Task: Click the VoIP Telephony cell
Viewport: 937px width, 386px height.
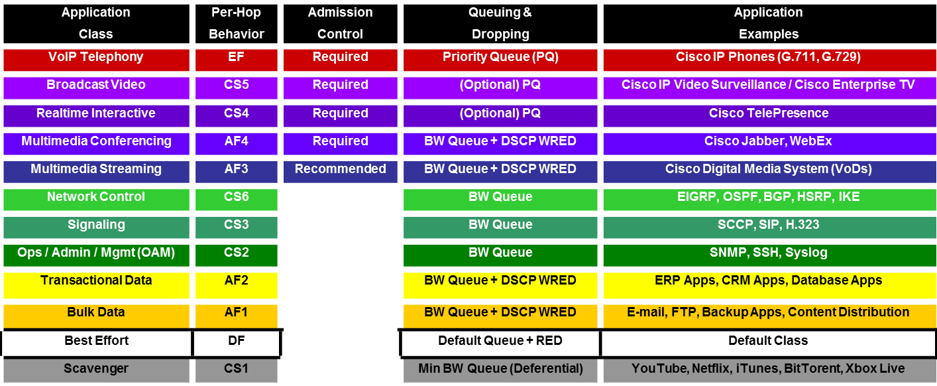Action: click(x=95, y=58)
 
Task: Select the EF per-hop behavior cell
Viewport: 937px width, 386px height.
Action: click(x=236, y=58)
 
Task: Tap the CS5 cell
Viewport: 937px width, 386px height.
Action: click(x=236, y=86)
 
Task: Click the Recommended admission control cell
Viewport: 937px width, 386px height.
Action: click(x=340, y=170)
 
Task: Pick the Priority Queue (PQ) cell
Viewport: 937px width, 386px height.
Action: click(x=500, y=58)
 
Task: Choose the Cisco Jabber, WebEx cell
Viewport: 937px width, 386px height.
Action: click(x=768, y=142)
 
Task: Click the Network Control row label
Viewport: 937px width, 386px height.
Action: click(x=95, y=198)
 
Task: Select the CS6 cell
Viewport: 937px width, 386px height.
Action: click(x=236, y=198)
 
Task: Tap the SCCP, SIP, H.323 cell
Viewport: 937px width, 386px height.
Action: click(x=768, y=225)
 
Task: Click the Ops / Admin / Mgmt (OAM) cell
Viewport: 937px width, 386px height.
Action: click(x=95, y=253)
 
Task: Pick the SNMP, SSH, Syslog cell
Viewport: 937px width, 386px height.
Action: click(x=768, y=253)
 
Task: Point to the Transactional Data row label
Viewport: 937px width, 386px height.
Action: click(x=95, y=281)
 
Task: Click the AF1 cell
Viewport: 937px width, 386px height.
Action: click(x=236, y=313)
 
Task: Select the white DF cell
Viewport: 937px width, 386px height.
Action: click(x=236, y=342)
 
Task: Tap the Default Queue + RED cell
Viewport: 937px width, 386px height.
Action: click(x=500, y=342)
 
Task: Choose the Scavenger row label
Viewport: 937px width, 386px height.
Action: click(x=95, y=369)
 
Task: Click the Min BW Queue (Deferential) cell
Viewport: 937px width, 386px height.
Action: click(x=500, y=369)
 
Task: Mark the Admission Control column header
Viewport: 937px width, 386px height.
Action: click(x=340, y=23)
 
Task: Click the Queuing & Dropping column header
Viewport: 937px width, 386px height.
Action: click(x=500, y=23)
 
